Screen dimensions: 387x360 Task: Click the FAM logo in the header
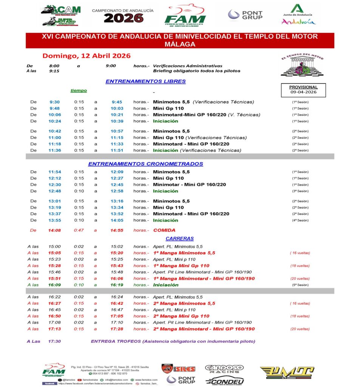(x=185, y=16)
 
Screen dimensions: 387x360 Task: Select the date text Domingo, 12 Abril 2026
(x=87, y=56)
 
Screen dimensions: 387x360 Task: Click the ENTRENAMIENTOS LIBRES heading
(x=145, y=81)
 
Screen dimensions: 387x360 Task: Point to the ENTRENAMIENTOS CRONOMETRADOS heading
(x=145, y=164)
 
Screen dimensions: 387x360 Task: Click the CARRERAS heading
(x=179, y=238)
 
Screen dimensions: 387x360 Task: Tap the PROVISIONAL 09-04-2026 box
(x=303, y=90)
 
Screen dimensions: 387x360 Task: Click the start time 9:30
(x=54, y=102)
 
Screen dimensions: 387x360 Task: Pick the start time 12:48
(x=55, y=191)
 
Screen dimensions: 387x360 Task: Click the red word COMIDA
(x=164, y=230)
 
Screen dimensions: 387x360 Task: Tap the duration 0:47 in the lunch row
(x=79, y=230)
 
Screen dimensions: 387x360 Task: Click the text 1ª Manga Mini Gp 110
(x=181, y=266)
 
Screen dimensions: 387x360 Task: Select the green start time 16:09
(x=54, y=285)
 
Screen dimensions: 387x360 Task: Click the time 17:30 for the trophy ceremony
(x=54, y=341)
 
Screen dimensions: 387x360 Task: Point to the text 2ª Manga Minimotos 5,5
(x=184, y=303)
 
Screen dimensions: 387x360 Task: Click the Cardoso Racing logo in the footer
(x=224, y=368)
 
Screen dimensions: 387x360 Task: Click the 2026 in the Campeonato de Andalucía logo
(x=124, y=18)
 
